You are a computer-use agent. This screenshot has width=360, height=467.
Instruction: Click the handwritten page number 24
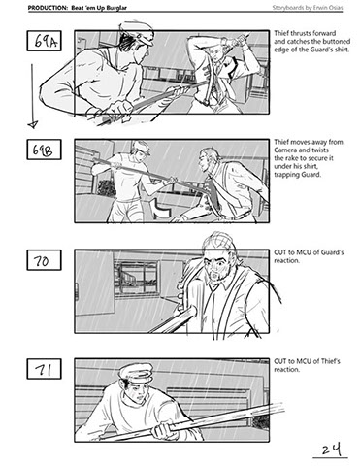point(331,450)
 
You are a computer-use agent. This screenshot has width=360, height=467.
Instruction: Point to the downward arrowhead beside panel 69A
point(33,124)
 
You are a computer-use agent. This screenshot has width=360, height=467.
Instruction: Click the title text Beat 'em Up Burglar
point(99,8)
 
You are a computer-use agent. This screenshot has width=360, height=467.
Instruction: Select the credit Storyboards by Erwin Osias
point(308,8)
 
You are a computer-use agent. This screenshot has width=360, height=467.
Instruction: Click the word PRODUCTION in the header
point(48,8)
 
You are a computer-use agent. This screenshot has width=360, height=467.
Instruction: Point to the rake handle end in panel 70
point(191,312)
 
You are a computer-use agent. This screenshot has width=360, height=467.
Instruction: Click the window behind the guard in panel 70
point(137,278)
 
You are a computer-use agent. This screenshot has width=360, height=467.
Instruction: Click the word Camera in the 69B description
point(286,150)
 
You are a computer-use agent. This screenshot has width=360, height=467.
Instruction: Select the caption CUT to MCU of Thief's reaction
point(308,365)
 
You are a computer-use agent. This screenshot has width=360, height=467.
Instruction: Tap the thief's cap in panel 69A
point(139,32)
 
